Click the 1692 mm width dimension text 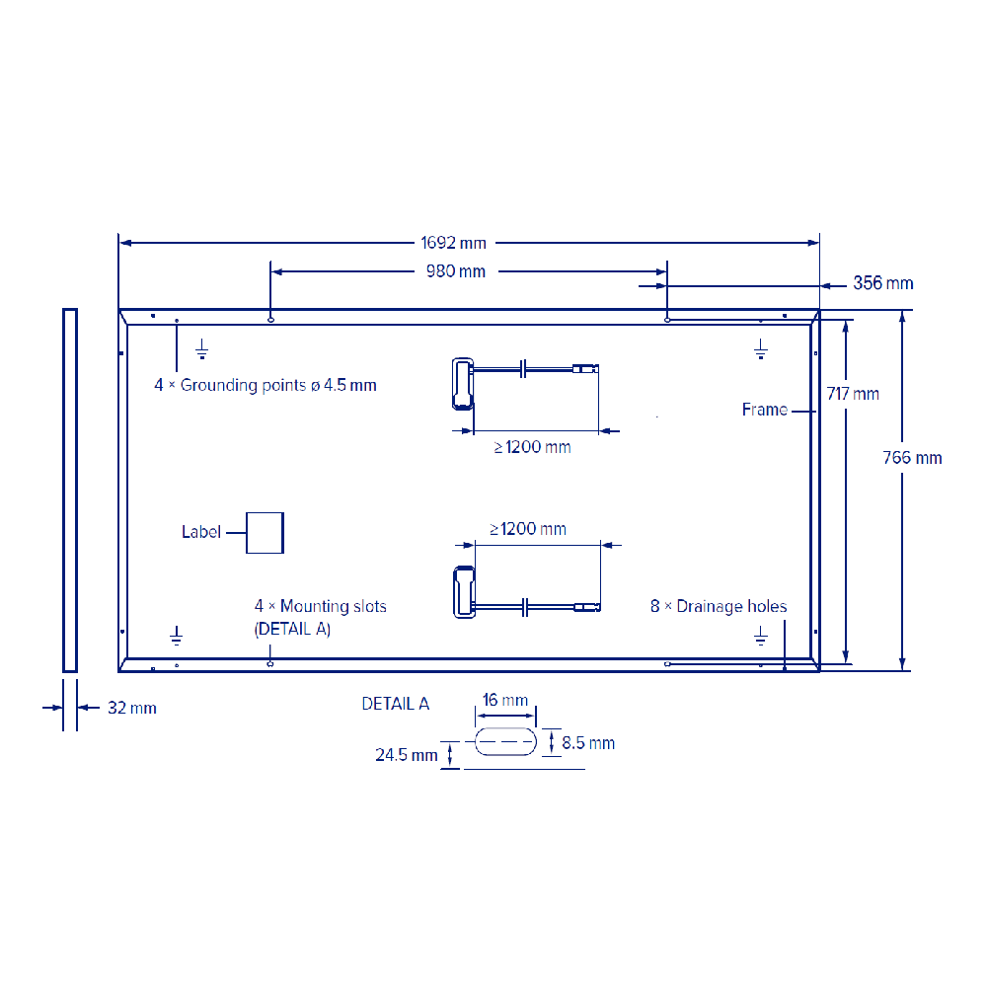[453, 243]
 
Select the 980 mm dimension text [456, 271]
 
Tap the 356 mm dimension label [883, 283]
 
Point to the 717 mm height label [853, 394]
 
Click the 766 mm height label [912, 458]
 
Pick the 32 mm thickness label [131, 708]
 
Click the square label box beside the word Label [265, 533]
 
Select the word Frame [764, 410]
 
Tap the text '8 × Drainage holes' [719, 606]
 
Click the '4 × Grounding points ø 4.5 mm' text [265, 385]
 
